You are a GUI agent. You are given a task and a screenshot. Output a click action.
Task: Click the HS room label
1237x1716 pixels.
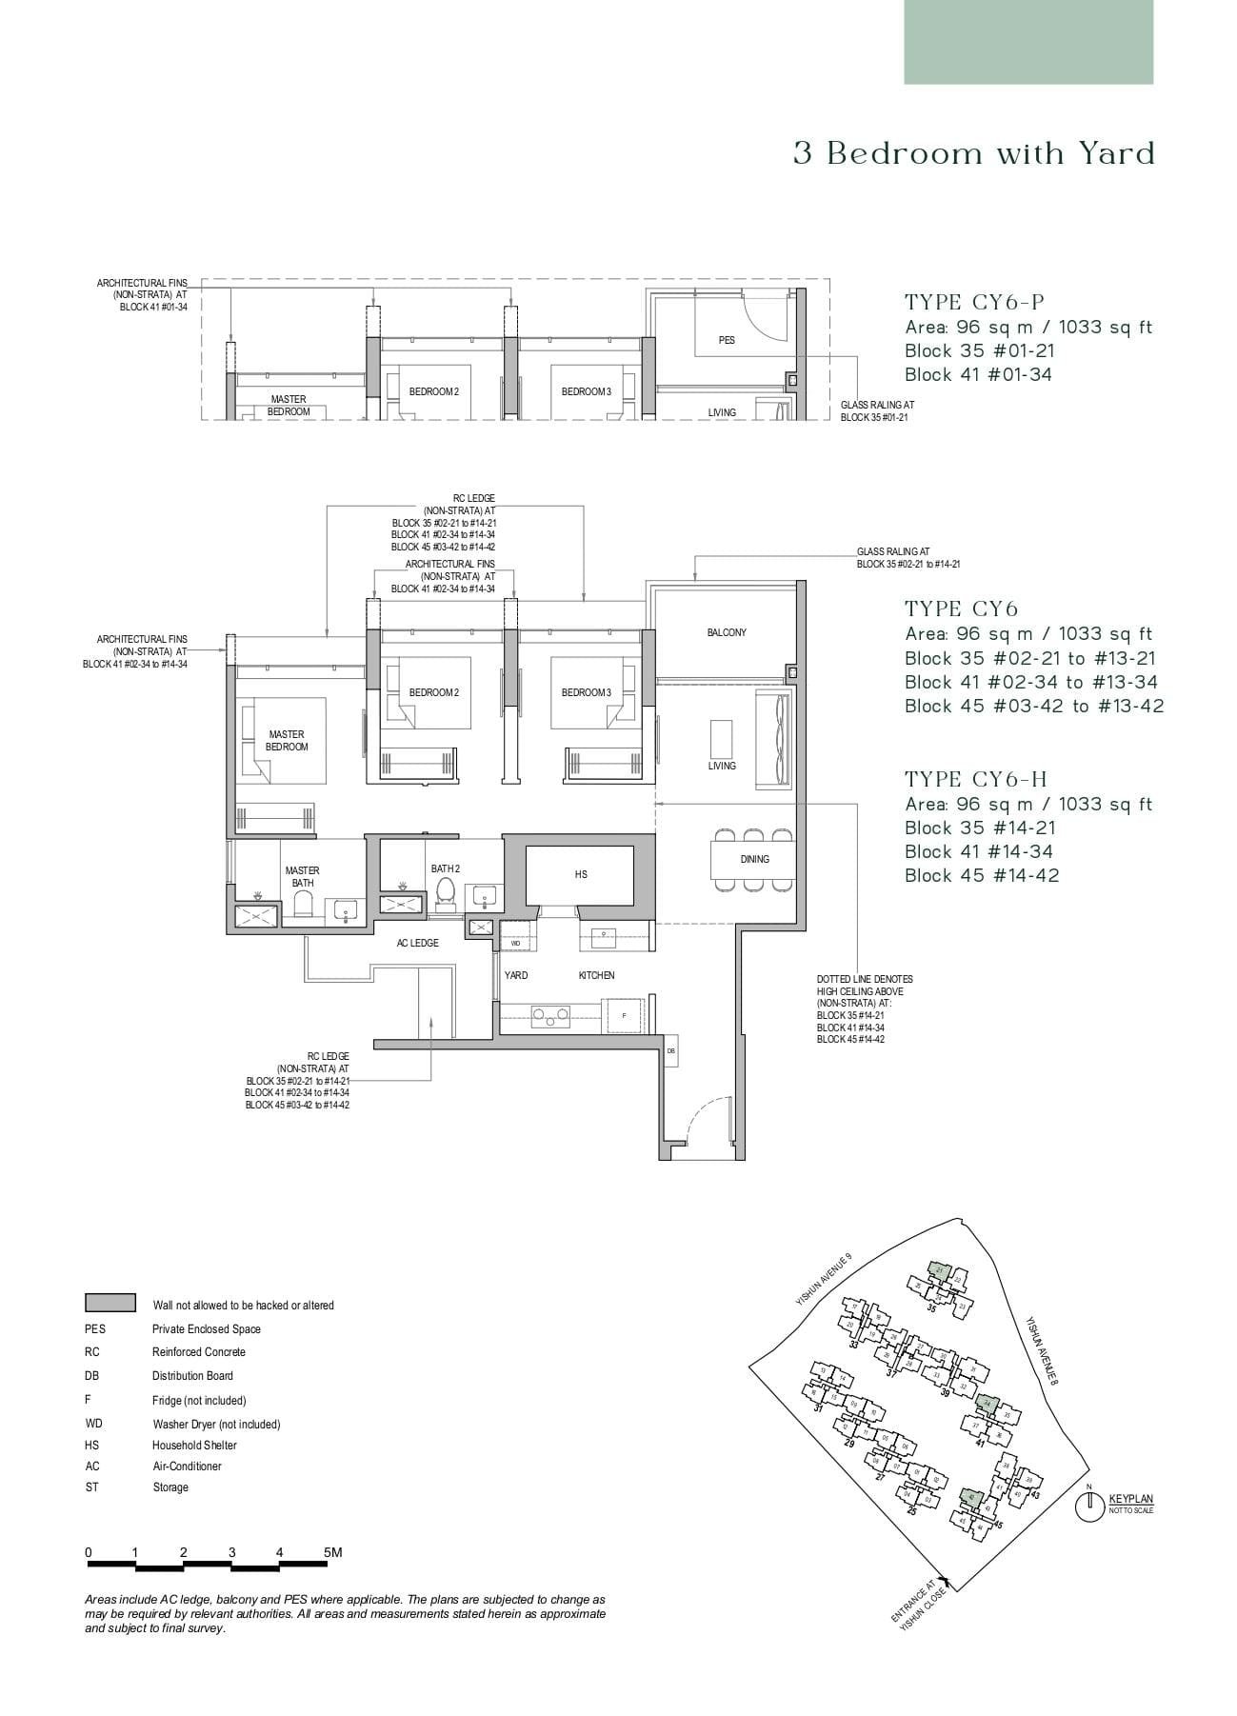(581, 874)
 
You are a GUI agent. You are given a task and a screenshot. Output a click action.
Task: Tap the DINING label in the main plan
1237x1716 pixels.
(754, 859)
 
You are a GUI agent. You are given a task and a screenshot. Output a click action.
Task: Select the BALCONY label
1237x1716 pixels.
(727, 633)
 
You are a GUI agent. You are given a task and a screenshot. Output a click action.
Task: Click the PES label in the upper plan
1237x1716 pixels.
(727, 340)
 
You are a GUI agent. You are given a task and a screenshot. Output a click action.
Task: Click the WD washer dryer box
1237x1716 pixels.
(515, 943)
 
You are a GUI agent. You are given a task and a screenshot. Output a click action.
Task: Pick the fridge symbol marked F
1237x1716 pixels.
(624, 1015)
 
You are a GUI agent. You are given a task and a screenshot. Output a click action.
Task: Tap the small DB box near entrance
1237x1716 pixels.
(670, 1050)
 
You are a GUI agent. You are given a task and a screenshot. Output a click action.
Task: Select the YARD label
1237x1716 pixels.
(516, 975)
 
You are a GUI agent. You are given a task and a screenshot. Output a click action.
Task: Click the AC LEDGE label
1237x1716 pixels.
(417, 943)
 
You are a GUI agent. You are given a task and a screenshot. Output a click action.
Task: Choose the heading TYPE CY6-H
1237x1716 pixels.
(976, 779)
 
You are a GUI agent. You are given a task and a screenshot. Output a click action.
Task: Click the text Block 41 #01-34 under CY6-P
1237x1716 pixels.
(978, 374)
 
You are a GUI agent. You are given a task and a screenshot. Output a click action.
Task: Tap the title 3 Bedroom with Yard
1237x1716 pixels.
(973, 153)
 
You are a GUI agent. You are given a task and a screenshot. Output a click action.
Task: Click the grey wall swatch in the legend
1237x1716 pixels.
(110, 1304)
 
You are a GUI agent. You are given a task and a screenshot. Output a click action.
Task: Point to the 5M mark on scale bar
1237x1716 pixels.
(332, 1552)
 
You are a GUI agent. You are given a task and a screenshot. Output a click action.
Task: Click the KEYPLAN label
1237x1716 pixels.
(1130, 1499)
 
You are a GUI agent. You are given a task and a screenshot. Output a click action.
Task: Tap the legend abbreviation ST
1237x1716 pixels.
(91, 1487)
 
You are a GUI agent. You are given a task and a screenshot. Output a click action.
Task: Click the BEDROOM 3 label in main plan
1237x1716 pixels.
(586, 692)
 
